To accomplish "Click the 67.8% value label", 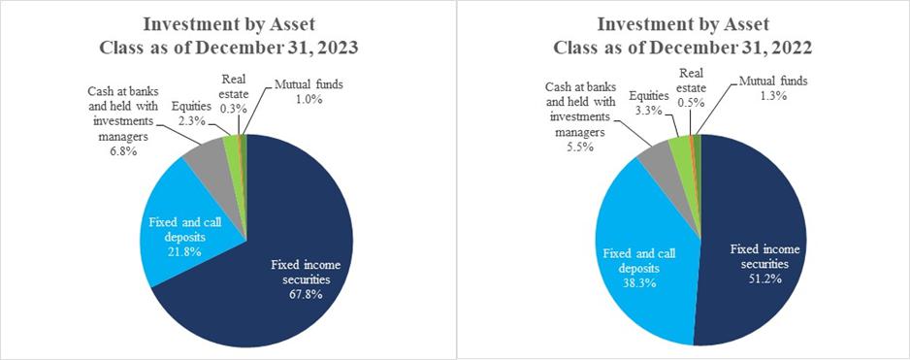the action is tap(307, 294).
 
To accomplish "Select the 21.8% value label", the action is tap(184, 251).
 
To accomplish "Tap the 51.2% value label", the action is tap(764, 278).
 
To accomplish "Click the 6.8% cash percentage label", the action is tap(123, 151).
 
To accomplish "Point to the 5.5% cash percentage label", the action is tap(580, 147).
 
